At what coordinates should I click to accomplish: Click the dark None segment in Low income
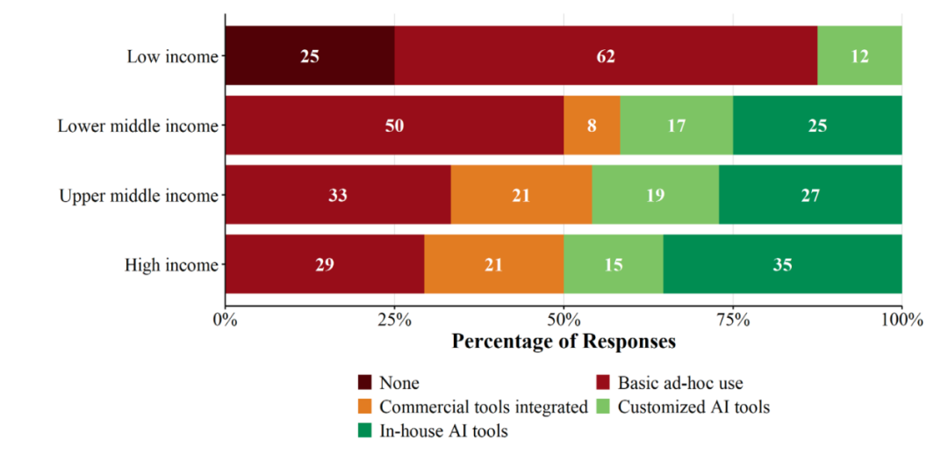point(310,55)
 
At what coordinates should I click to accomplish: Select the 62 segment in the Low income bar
point(606,55)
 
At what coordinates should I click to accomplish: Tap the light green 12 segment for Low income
point(859,55)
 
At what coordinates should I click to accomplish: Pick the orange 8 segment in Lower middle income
point(592,126)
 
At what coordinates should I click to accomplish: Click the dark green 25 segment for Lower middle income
point(817,126)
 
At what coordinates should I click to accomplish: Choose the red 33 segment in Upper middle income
point(338,195)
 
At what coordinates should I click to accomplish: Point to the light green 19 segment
point(656,195)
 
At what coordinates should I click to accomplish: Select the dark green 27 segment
point(810,195)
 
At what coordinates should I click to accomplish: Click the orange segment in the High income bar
point(494,264)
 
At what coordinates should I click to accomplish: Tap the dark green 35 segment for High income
point(782,264)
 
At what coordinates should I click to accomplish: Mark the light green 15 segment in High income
point(614,264)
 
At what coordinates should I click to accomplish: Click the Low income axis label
point(172,56)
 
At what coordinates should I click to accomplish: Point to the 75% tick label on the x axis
point(733,319)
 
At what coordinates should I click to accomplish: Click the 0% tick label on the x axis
point(226,319)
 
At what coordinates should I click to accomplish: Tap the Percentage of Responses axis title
point(564,341)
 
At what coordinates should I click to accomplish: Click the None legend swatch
point(365,383)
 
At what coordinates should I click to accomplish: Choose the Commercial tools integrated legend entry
point(473,407)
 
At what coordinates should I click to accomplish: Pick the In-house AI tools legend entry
point(433,431)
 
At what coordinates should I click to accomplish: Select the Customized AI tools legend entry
point(683,407)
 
